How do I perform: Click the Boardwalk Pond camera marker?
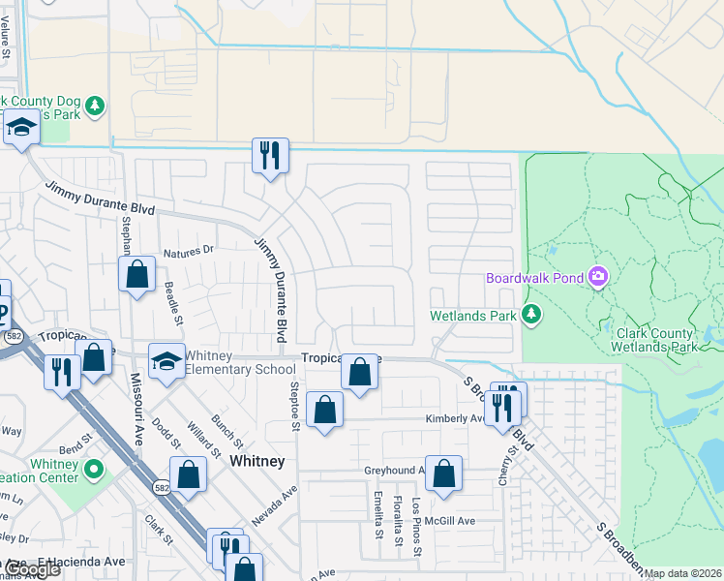click(x=598, y=278)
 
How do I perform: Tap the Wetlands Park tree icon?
click(x=530, y=314)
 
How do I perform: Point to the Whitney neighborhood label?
click(x=257, y=462)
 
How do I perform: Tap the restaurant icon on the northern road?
click(x=269, y=153)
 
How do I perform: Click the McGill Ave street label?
click(x=453, y=521)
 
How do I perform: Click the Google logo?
click(x=31, y=570)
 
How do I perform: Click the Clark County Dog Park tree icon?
click(x=94, y=105)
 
